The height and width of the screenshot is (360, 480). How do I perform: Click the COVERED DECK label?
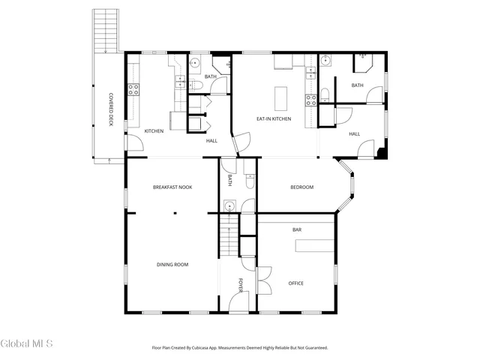click(x=111, y=109)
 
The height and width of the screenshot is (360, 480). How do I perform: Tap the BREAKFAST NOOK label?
click(x=172, y=187)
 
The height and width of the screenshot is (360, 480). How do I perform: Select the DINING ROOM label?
click(x=172, y=264)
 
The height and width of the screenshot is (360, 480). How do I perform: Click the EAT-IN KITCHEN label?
click(x=274, y=118)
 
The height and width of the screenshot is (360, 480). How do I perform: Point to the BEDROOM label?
click(x=302, y=187)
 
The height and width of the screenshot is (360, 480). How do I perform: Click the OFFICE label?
click(x=296, y=283)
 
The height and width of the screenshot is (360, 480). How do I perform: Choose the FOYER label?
click(x=241, y=284)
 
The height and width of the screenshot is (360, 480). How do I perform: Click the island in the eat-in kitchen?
click(x=281, y=98)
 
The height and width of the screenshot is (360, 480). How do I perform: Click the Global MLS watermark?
click(x=27, y=343)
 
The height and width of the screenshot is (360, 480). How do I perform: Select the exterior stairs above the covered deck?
click(x=106, y=30)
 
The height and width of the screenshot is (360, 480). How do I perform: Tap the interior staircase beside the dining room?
click(x=228, y=236)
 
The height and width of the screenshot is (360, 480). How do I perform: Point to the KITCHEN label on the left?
click(x=154, y=131)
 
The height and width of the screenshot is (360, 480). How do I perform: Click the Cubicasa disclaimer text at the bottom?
click(x=240, y=347)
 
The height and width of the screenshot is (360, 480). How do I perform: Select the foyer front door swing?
click(x=238, y=301)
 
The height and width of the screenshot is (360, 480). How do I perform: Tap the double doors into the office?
click(x=263, y=281)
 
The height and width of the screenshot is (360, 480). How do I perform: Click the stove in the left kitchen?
click(x=133, y=90)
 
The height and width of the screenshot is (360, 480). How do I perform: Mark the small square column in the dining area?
click(x=174, y=213)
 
